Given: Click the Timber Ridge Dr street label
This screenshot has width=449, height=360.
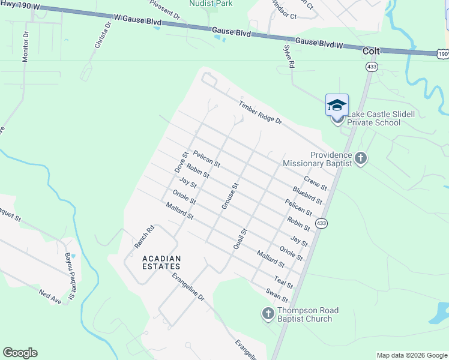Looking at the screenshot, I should (x=260, y=112).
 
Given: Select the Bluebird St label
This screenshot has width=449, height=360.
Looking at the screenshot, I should (x=307, y=194).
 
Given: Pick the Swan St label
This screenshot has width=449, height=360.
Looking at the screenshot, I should (x=277, y=295).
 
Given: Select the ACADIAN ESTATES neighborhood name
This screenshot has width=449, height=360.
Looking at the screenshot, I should (x=161, y=262).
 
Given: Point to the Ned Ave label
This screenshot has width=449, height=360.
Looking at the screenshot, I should (x=50, y=296).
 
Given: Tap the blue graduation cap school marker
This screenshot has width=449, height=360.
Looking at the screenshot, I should (x=337, y=105).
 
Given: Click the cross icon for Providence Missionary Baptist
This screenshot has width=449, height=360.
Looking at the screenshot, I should (x=360, y=158).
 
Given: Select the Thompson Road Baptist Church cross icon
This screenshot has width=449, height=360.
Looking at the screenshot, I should (x=268, y=313).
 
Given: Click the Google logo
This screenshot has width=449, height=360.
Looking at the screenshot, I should (x=20, y=353).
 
